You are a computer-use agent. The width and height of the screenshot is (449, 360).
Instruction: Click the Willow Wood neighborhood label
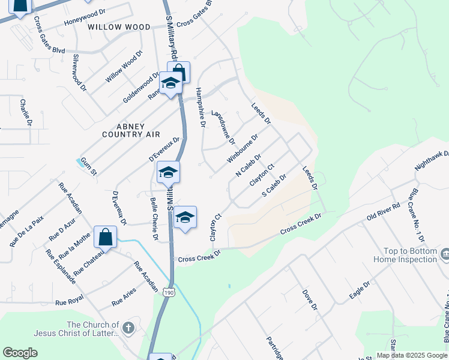coord(119,27)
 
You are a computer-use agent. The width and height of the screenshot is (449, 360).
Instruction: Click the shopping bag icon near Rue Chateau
coord(106,236)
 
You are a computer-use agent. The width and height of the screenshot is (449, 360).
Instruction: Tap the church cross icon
coord(128,328)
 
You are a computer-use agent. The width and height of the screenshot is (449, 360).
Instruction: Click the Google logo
coord(20,353)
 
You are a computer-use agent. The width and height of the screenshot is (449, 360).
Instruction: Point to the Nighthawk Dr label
coord(432,160)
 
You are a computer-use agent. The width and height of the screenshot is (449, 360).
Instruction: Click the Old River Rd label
coord(383,211)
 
